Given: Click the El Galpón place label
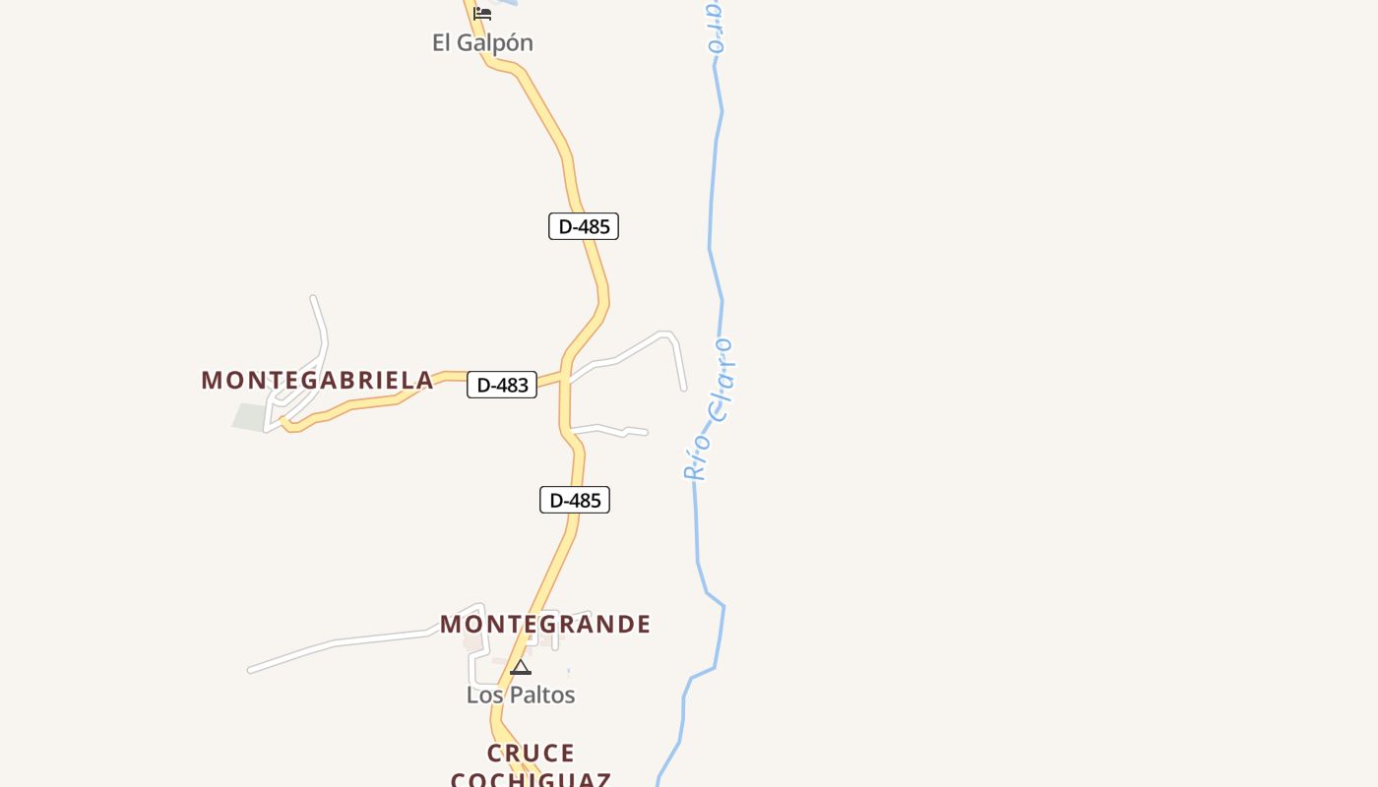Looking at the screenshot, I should pyautogui.click(x=482, y=43).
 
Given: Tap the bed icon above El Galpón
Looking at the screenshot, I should pyautogui.click(x=482, y=14).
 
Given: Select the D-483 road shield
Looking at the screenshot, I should pyautogui.click(x=502, y=385).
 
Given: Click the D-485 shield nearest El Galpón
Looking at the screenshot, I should pyautogui.click(x=584, y=226).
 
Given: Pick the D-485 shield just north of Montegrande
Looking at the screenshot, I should pyautogui.click(x=575, y=500).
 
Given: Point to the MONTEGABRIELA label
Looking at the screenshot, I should pyautogui.click(x=317, y=380).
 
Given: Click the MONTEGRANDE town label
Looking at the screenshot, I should pyautogui.click(x=545, y=624).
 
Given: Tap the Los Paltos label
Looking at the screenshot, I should pyautogui.click(x=521, y=695).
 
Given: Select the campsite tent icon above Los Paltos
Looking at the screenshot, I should pyautogui.click(x=521, y=668).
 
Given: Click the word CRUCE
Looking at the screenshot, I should pyautogui.click(x=531, y=753).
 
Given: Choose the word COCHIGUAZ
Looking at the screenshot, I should pyautogui.click(x=531, y=779).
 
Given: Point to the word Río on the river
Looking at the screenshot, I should pyautogui.click(x=697, y=456).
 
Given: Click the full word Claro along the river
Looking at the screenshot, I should pyautogui.click(x=722, y=380).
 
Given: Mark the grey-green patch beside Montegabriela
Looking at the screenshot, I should pyautogui.click(x=250, y=416).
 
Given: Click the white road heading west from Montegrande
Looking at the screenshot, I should pyautogui.click(x=335, y=643).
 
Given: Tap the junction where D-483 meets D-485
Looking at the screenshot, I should pyautogui.click(x=565, y=377).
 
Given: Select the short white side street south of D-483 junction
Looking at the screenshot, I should pyautogui.click(x=610, y=429).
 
